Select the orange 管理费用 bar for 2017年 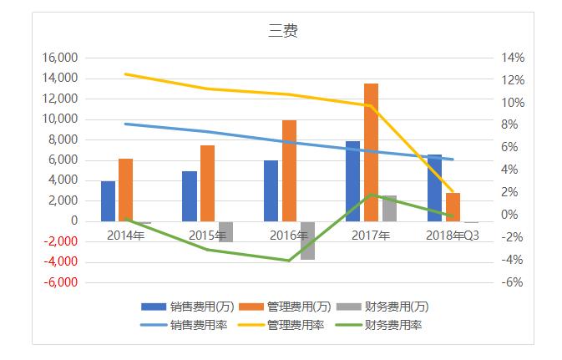[x=371, y=152]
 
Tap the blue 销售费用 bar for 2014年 [x=108, y=201]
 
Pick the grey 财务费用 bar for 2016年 [x=307, y=241]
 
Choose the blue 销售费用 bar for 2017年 [x=353, y=181]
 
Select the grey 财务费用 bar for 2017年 [x=389, y=208]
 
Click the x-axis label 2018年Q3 [x=452, y=235]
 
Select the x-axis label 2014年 [x=126, y=235]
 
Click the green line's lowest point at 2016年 [x=289, y=261]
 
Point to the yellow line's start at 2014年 [x=125, y=74]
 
